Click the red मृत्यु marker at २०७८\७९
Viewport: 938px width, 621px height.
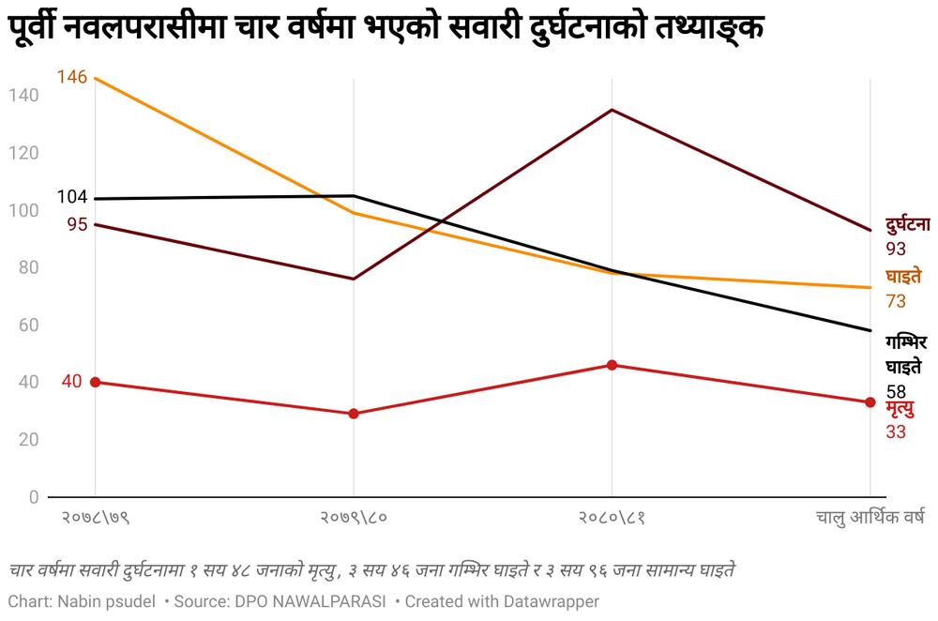click(95, 382)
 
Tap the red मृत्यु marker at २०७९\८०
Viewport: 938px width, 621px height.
click(354, 414)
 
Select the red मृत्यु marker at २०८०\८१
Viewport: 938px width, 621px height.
click(612, 365)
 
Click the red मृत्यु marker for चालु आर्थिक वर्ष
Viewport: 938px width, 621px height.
click(870, 402)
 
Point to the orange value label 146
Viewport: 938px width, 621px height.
click(72, 77)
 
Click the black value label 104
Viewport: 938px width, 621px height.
click(72, 197)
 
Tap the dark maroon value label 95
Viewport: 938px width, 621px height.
click(77, 224)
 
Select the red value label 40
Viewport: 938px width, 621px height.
click(72, 381)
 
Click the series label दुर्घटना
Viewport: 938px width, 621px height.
click(907, 225)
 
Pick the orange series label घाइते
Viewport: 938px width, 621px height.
click(903, 277)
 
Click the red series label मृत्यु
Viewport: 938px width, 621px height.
click(900, 409)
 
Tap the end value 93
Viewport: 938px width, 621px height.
click(896, 249)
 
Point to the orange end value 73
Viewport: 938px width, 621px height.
click(896, 301)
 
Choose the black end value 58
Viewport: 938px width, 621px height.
click(896, 391)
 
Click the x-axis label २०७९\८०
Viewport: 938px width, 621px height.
click(354, 517)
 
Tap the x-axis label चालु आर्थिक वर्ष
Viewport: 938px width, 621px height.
click(870, 517)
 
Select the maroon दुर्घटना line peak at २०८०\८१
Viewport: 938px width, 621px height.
click(612, 110)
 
